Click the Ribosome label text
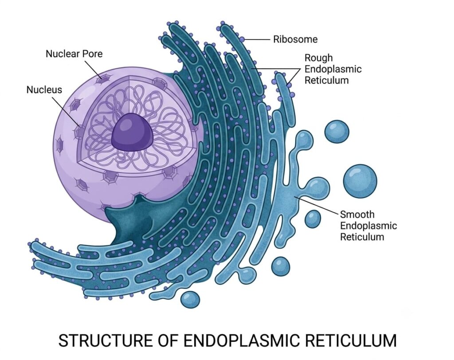pyautogui.click(x=295, y=39)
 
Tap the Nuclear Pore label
pyautogui.click(x=74, y=54)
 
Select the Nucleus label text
pyautogui.click(x=44, y=90)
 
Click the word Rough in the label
pyautogui.click(x=318, y=58)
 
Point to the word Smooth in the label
pyautogui.click(x=357, y=214)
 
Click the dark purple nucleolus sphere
pyautogui.click(x=132, y=132)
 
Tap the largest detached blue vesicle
pyautogui.click(x=360, y=181)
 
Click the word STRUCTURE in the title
pyautogui.click(x=106, y=340)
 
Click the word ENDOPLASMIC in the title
pyautogui.click(x=242, y=340)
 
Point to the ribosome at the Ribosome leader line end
pyautogui.click(x=242, y=39)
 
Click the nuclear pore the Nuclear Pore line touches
pyautogui.click(x=104, y=78)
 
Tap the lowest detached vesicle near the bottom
pyautogui.click(x=190, y=300)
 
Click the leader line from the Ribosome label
pyautogui.click(x=258, y=39)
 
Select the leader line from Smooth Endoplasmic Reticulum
pyautogui.click(x=317, y=206)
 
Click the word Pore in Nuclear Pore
pyautogui.click(x=93, y=54)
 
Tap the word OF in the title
pyautogui.click(x=168, y=340)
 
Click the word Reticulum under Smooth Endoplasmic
pyautogui.click(x=362, y=237)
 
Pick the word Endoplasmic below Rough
pyautogui.click(x=333, y=69)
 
